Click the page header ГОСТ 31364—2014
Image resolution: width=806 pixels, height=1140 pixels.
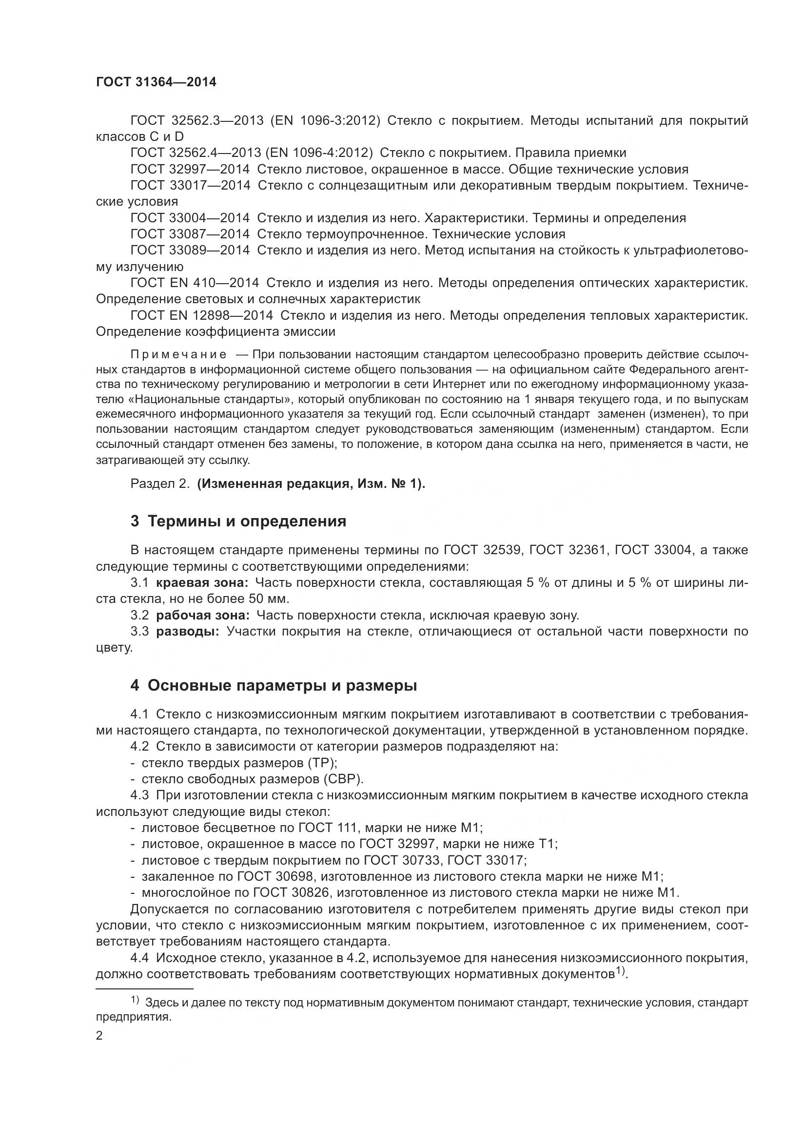pyautogui.click(x=156, y=82)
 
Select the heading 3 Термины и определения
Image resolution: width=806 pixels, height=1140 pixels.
pyautogui.click(x=238, y=522)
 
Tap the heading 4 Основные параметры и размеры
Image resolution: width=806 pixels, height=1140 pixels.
pyautogui.click(x=273, y=686)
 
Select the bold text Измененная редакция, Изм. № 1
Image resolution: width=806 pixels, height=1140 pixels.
pyautogui.click(x=311, y=484)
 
